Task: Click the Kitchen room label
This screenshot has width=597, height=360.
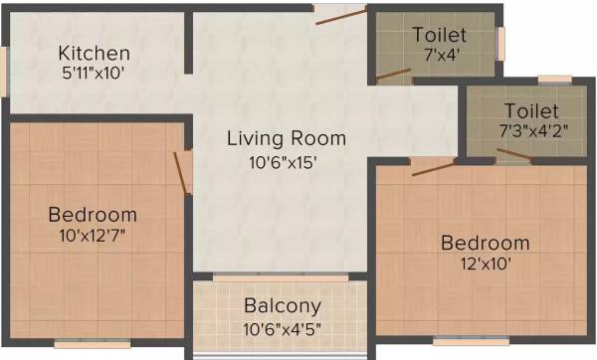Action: click(94, 53)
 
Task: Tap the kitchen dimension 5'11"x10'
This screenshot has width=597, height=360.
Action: click(94, 72)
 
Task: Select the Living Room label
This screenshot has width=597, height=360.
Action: click(286, 138)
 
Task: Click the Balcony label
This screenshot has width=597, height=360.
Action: click(283, 306)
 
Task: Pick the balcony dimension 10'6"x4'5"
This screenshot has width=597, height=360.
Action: click(283, 328)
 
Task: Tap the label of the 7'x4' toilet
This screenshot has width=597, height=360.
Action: click(439, 35)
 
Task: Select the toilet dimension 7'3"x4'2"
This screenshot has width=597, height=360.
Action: click(530, 130)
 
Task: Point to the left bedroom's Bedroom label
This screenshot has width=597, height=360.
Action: click(93, 215)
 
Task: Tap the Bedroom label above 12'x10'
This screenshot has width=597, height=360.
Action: click(486, 243)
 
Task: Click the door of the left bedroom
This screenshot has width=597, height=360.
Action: click(182, 171)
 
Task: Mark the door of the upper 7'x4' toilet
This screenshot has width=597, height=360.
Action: click(392, 73)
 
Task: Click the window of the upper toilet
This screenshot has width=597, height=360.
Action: click(500, 43)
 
